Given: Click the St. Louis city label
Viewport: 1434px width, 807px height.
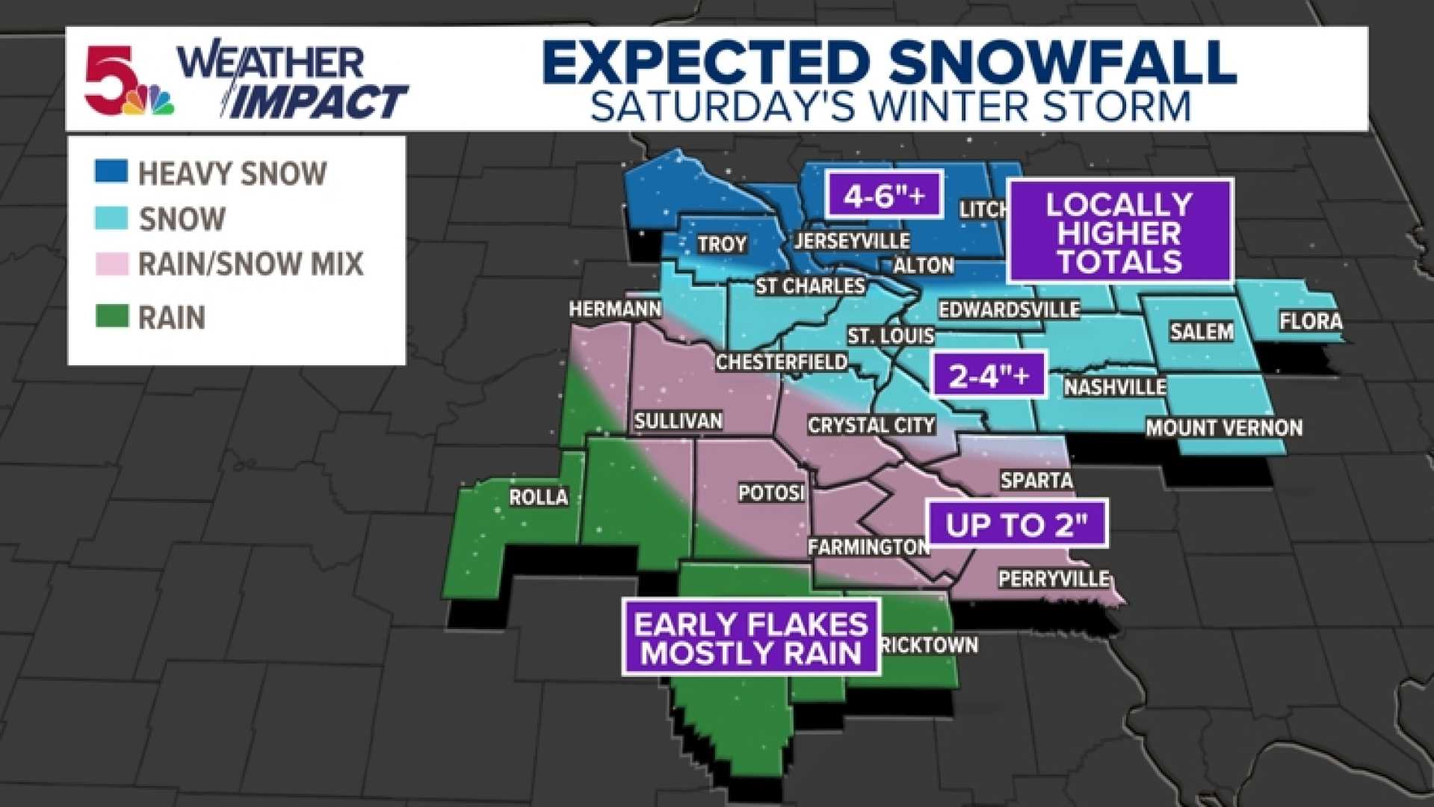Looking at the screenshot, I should pyautogui.click(x=890, y=336).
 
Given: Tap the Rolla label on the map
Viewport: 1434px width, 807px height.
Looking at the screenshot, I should pyautogui.click(x=538, y=497).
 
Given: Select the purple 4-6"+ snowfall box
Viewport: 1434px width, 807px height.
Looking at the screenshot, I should pyautogui.click(x=884, y=195).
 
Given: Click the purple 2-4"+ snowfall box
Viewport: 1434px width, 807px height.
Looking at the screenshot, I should pyautogui.click(x=989, y=376).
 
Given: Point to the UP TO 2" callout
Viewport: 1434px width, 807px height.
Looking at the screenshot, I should pyautogui.click(x=1017, y=524).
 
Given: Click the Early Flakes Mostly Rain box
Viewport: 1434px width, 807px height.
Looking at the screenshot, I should pyautogui.click(x=751, y=638).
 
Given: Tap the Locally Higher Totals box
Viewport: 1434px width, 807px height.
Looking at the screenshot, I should pyautogui.click(x=1119, y=232).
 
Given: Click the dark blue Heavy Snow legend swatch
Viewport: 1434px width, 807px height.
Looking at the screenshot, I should pyautogui.click(x=111, y=171).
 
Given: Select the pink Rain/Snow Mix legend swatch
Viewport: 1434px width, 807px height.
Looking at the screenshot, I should pyautogui.click(x=111, y=263).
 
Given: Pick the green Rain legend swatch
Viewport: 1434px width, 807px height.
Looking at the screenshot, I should pyautogui.click(x=111, y=316).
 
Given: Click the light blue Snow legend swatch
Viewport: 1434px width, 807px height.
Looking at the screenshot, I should pyautogui.click(x=111, y=217).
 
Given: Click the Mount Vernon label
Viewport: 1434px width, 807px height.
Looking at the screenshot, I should pyautogui.click(x=1223, y=428).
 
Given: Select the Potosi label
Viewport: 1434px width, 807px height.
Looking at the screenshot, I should pyautogui.click(x=770, y=493).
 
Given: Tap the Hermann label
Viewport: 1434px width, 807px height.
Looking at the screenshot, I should pyautogui.click(x=614, y=309).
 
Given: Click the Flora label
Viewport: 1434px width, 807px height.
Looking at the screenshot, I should pyautogui.click(x=1310, y=321).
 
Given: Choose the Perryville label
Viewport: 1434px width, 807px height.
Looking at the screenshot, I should pyautogui.click(x=1054, y=579).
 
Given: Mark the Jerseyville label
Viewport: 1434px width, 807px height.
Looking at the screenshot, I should pyautogui.click(x=851, y=241).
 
